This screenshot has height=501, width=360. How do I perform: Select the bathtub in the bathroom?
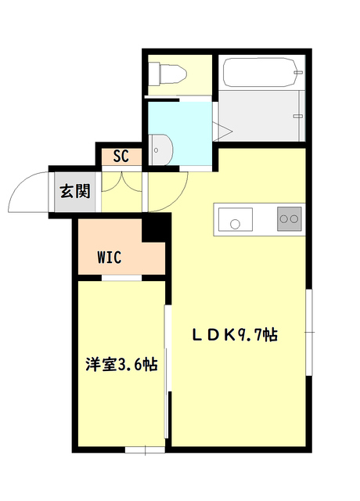pos(261,77)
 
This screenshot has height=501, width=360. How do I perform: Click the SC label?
pos(121,155)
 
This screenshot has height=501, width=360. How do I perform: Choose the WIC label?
pos(110,257)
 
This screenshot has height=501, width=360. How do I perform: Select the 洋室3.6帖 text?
pos(121,364)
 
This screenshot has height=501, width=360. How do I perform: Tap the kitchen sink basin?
pos(236,220)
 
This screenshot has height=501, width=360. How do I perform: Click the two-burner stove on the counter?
pos(288,220)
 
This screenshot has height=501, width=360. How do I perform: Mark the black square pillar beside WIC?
pos(155,229)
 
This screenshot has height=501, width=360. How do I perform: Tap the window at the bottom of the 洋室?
pos(145,449)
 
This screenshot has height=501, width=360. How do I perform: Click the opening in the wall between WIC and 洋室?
pos(122,278)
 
